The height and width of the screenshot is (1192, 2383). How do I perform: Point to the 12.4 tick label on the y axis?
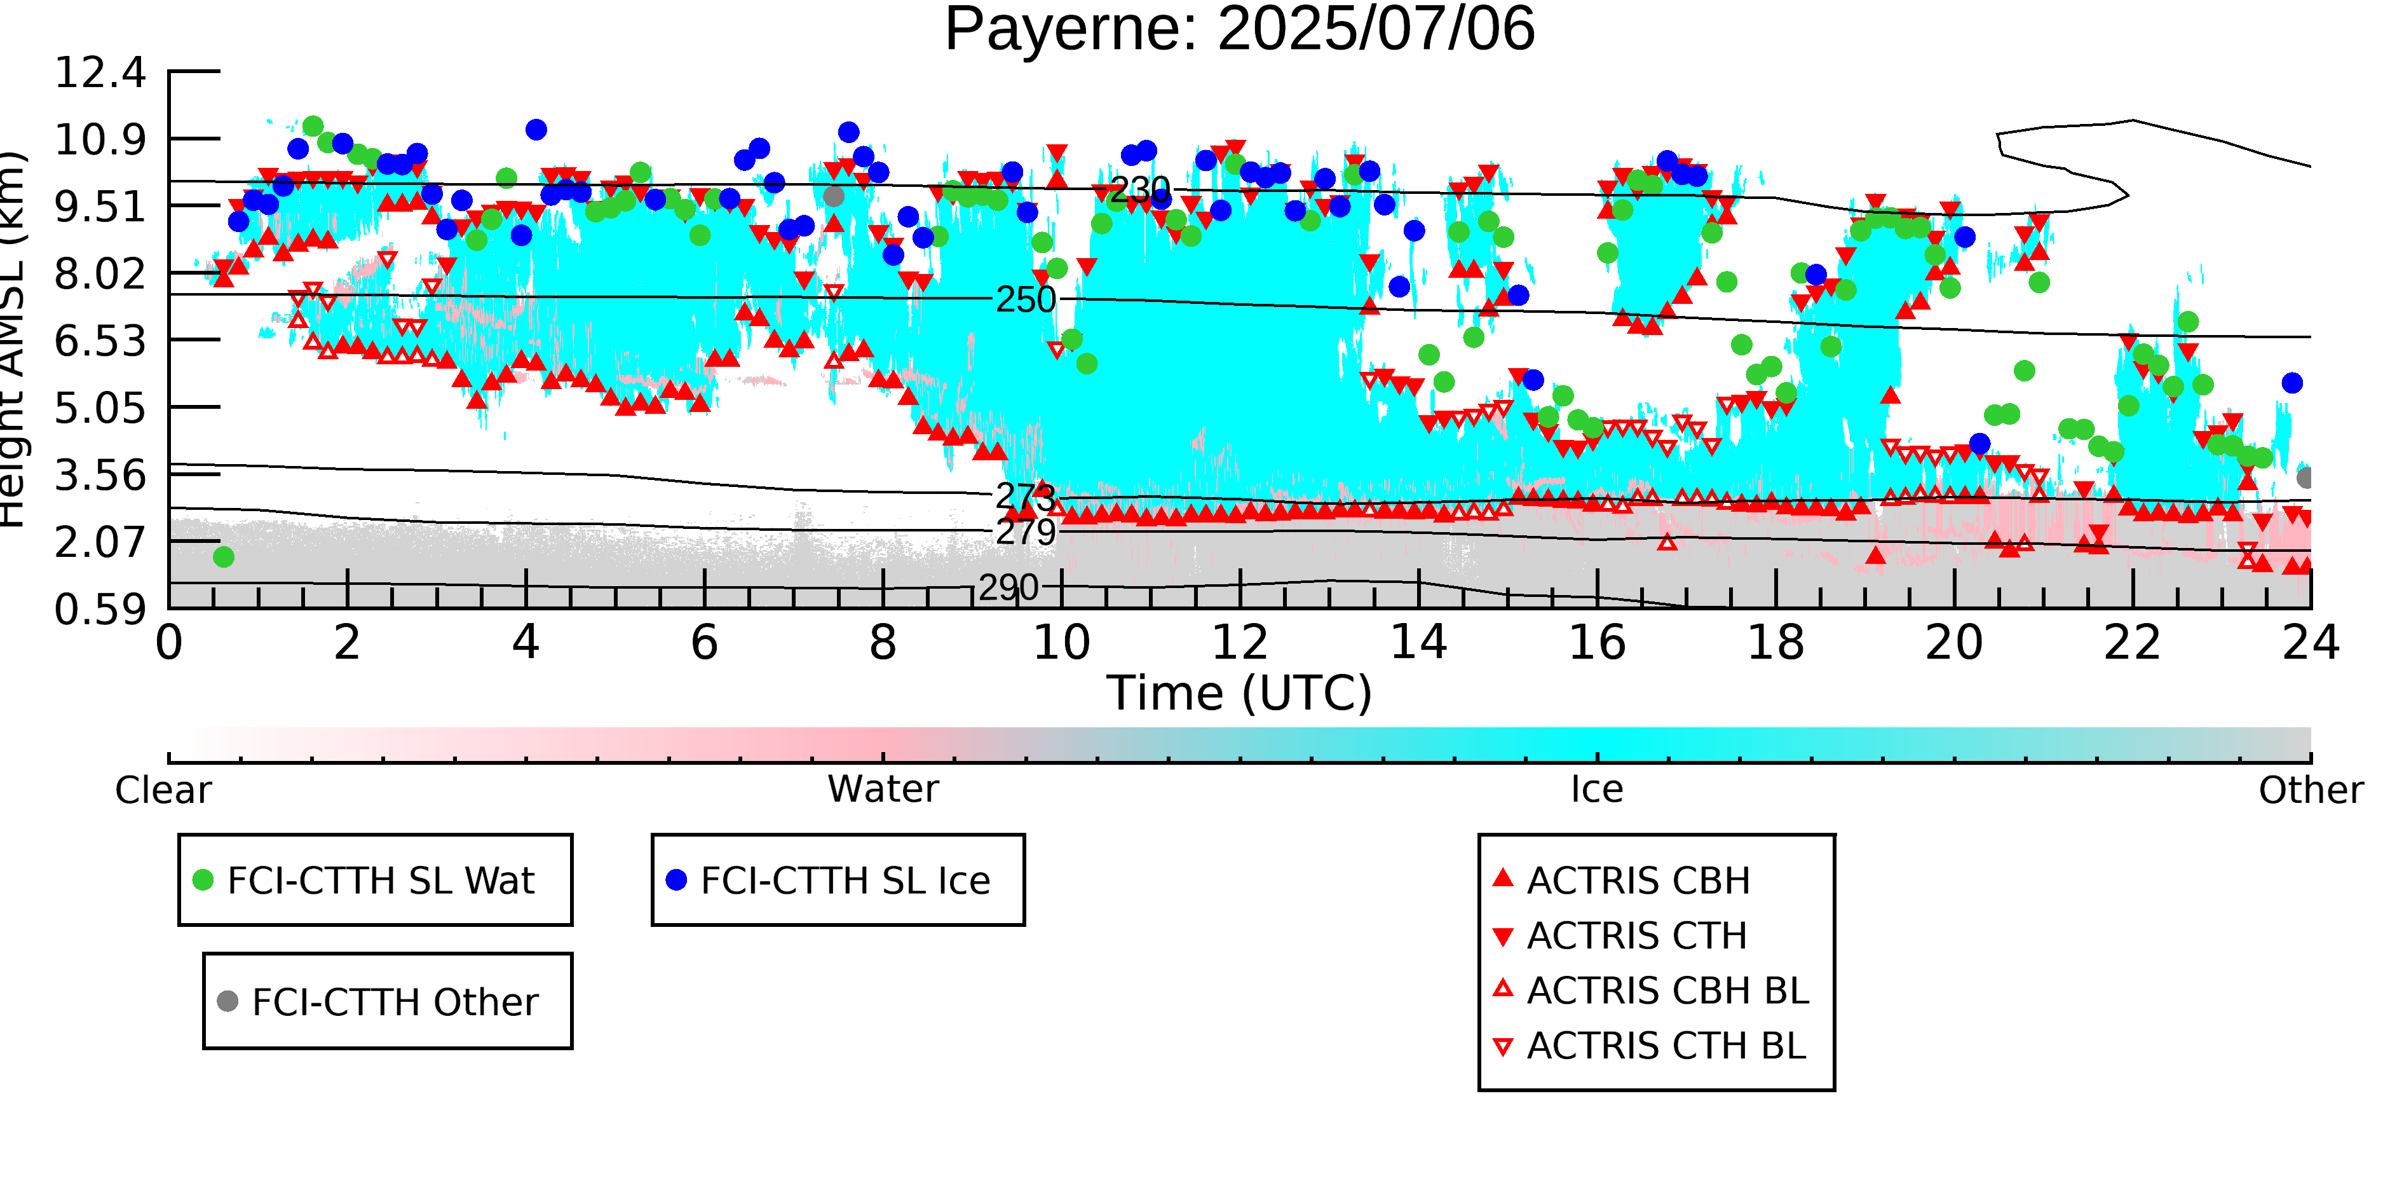(100, 72)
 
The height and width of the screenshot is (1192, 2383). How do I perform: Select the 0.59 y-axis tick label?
(100, 609)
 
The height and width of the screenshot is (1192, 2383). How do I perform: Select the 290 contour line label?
(1008, 587)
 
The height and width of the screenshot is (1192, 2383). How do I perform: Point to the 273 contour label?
(1025, 497)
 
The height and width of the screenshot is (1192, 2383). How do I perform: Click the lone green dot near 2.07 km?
(223, 557)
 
